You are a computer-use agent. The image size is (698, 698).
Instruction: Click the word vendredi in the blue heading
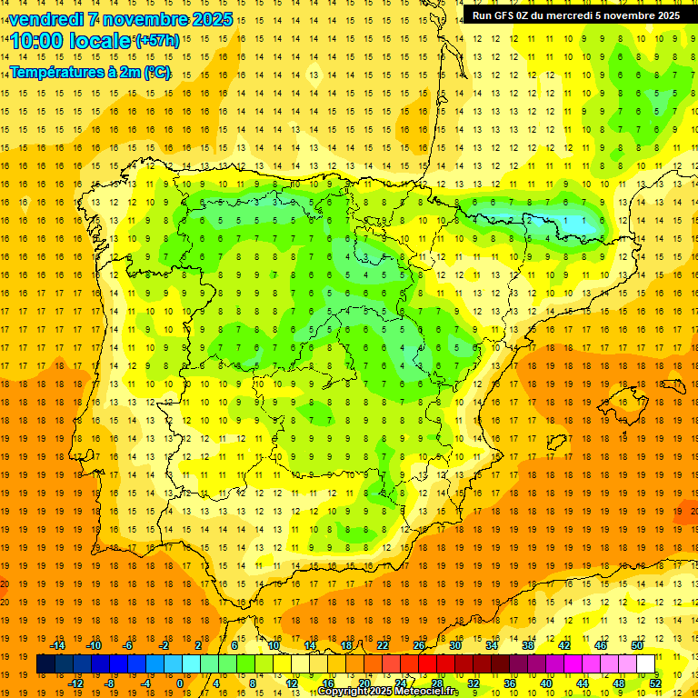[x=46, y=19]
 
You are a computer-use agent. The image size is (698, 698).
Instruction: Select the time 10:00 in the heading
[x=37, y=42]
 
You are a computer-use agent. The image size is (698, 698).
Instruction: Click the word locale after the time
[x=99, y=42]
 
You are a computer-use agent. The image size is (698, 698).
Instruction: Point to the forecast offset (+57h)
[x=156, y=41]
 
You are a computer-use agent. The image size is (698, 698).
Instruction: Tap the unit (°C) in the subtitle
[x=156, y=73]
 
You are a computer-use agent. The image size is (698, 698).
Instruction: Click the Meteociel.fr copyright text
[x=389, y=692]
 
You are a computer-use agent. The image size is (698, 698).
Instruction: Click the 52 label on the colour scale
[x=656, y=683]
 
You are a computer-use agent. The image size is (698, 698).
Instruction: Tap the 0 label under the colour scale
[x=179, y=683]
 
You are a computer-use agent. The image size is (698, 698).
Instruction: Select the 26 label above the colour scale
[x=419, y=645]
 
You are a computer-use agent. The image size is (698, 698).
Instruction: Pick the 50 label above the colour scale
[x=637, y=645]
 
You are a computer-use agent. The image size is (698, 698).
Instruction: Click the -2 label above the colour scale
[x=165, y=645]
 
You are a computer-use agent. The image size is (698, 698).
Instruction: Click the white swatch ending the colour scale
[x=646, y=664]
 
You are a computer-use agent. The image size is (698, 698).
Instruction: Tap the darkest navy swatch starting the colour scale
[x=45, y=664]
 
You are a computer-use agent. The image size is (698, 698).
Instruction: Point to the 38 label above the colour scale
[x=528, y=645]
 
